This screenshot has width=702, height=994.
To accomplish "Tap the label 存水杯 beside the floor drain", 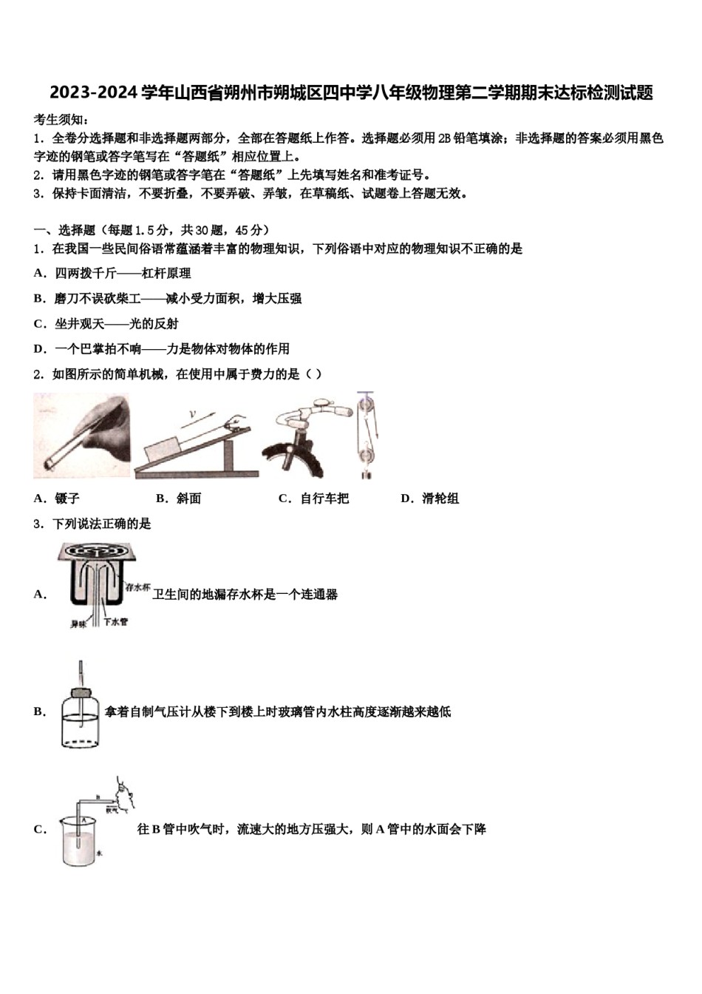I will click(x=138, y=586).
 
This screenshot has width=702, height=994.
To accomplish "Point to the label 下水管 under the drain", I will click(x=116, y=622).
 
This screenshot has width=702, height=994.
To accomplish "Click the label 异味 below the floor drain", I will click(x=78, y=623).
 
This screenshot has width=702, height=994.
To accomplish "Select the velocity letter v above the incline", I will click(x=192, y=416).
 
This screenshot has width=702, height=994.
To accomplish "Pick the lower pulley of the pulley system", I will click(x=367, y=449).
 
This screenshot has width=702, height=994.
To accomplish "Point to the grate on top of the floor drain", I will click(x=93, y=552).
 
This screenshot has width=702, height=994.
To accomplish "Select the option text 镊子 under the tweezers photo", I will click(x=67, y=498).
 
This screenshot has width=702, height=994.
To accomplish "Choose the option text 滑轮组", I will click(x=440, y=498).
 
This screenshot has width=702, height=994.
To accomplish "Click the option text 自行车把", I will click(x=324, y=498).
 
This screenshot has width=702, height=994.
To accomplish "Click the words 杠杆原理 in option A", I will click(x=166, y=273).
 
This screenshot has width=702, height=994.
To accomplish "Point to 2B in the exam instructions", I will click(x=445, y=138).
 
